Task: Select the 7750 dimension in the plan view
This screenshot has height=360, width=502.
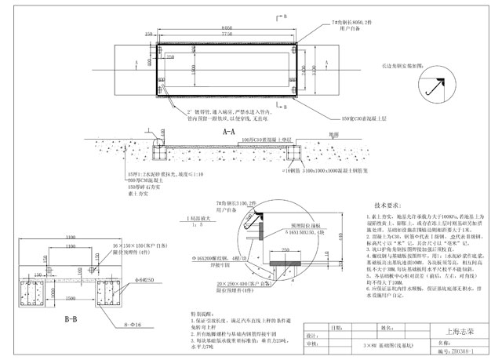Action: point(229,35)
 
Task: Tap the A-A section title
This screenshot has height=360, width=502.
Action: point(230,134)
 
